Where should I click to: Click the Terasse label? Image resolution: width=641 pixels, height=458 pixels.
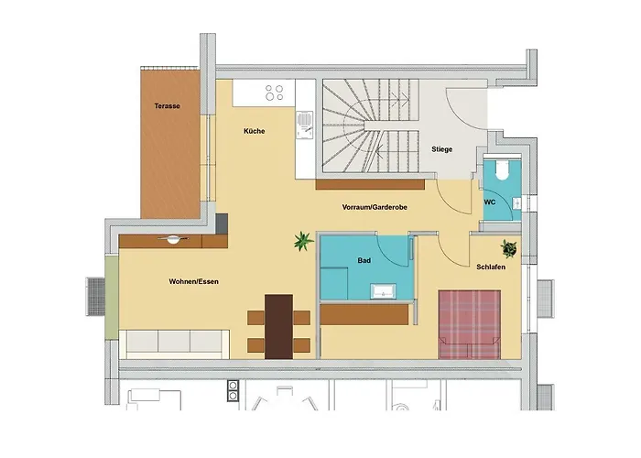coord(167,106)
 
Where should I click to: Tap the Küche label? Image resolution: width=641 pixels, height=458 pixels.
coord(255,131)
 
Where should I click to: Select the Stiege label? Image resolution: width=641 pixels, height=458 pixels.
coord(442,149)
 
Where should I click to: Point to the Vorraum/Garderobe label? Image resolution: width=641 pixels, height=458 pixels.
coord(375,207)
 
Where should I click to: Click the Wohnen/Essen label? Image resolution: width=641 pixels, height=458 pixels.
coord(193,281)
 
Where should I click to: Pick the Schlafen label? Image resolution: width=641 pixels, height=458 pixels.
coord(491,267)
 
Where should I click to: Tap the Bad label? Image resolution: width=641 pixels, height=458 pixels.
coord(364,260)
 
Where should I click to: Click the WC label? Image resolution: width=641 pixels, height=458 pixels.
coord(490,202)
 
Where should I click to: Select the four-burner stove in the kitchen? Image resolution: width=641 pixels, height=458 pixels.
coord(275,93)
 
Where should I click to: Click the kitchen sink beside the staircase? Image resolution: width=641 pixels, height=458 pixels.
coord(305,125)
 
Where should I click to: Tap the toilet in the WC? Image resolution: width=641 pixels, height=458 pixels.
coord(502,169)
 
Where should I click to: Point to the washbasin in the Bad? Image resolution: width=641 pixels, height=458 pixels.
coord(383,290)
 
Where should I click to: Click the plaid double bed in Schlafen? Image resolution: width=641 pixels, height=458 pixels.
coord(469,324)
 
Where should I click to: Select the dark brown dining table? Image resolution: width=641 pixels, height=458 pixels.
coord(278,327)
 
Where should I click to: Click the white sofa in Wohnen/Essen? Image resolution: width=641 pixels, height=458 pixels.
coord(174,344)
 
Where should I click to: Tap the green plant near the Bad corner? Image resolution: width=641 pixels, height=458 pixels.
coord(303,241)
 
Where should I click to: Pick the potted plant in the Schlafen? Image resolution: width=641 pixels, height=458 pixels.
coord(509,248)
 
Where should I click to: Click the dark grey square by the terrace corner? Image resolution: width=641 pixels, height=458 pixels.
coord(222,224)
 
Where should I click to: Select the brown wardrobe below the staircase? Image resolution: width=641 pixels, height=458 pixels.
coord(370,184)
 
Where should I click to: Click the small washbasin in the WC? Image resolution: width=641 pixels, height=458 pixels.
coord(516,203)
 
